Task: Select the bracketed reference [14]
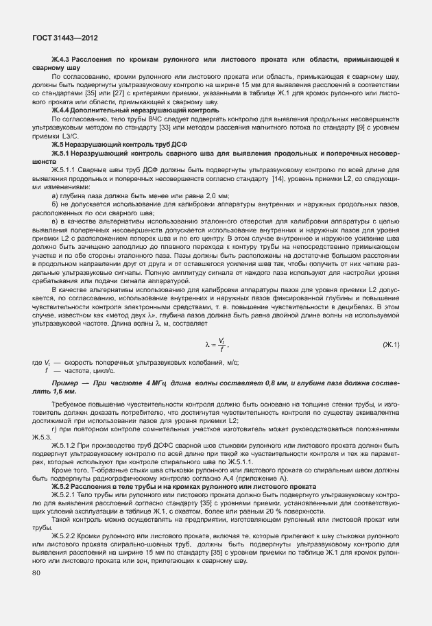click(278, 178)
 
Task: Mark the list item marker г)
click(55, 429)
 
